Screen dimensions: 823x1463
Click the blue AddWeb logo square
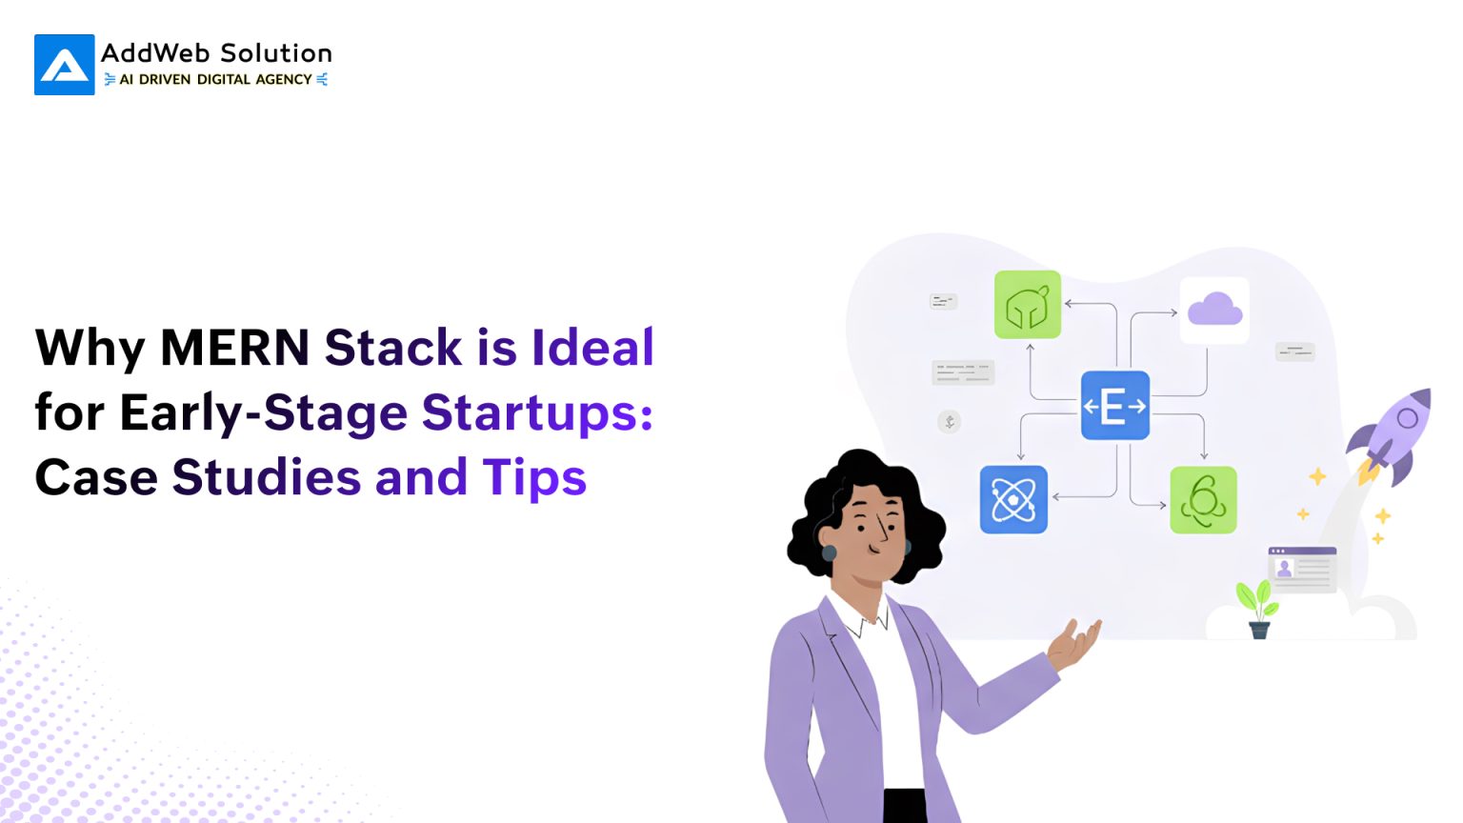point(64,65)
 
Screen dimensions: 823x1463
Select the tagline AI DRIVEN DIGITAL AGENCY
point(215,80)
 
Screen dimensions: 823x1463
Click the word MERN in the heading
point(234,347)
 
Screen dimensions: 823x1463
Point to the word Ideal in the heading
point(592,347)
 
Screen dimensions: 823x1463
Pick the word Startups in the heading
point(537,412)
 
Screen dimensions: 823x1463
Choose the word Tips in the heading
point(533,478)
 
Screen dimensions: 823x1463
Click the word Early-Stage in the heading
point(263,412)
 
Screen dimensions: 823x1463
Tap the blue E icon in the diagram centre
point(1114,406)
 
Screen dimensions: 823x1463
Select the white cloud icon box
point(1214,310)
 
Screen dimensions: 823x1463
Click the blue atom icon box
point(1013,499)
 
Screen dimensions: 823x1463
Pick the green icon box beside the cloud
point(1028,305)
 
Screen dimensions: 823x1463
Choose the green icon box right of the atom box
point(1203,500)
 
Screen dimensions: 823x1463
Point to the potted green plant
point(1257,608)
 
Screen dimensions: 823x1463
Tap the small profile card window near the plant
point(1302,569)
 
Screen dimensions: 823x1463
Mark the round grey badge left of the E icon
point(950,421)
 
